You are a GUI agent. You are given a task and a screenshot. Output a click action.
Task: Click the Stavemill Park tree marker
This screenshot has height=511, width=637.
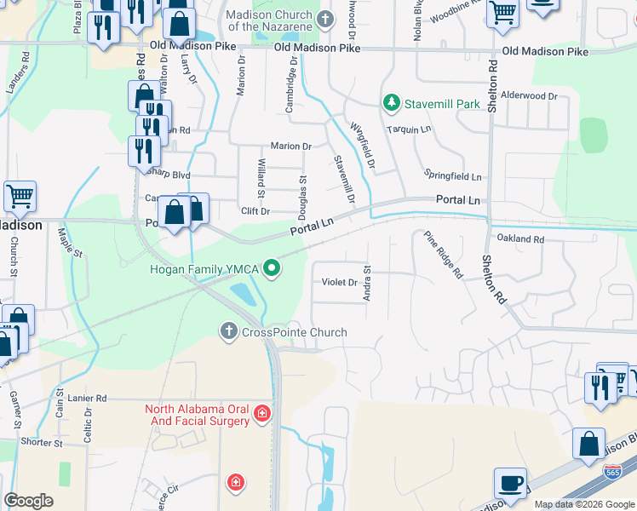click(392, 103)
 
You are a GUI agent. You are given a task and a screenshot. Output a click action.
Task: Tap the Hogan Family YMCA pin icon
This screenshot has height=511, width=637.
click(273, 269)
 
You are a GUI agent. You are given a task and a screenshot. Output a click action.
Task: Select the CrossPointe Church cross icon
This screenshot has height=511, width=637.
click(228, 331)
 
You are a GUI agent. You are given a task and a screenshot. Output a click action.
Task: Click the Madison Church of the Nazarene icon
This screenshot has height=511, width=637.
click(324, 19)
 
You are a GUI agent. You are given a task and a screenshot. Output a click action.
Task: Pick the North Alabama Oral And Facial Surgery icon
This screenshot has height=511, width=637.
click(262, 415)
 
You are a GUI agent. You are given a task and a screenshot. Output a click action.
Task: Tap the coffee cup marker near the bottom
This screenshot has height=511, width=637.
click(511, 483)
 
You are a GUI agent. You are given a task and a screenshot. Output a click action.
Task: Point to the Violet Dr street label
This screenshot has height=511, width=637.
click(339, 282)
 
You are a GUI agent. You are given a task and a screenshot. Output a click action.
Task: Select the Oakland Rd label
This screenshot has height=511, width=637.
click(519, 239)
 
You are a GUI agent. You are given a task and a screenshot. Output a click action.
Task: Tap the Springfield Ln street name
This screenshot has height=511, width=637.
click(453, 175)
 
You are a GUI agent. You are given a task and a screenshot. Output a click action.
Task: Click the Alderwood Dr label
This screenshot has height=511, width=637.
click(529, 96)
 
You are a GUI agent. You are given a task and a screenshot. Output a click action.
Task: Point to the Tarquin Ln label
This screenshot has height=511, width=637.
click(405, 129)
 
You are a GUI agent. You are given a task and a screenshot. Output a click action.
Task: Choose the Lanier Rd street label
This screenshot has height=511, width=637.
click(89, 398)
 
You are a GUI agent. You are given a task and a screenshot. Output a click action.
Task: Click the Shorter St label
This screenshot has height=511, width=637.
click(42, 443)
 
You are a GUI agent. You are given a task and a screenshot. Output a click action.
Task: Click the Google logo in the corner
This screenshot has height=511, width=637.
click(28, 501)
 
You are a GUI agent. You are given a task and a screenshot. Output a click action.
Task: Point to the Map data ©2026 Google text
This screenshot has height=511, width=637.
click(583, 504)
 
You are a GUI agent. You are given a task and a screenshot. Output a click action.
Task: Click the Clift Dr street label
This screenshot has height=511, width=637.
click(255, 210)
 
